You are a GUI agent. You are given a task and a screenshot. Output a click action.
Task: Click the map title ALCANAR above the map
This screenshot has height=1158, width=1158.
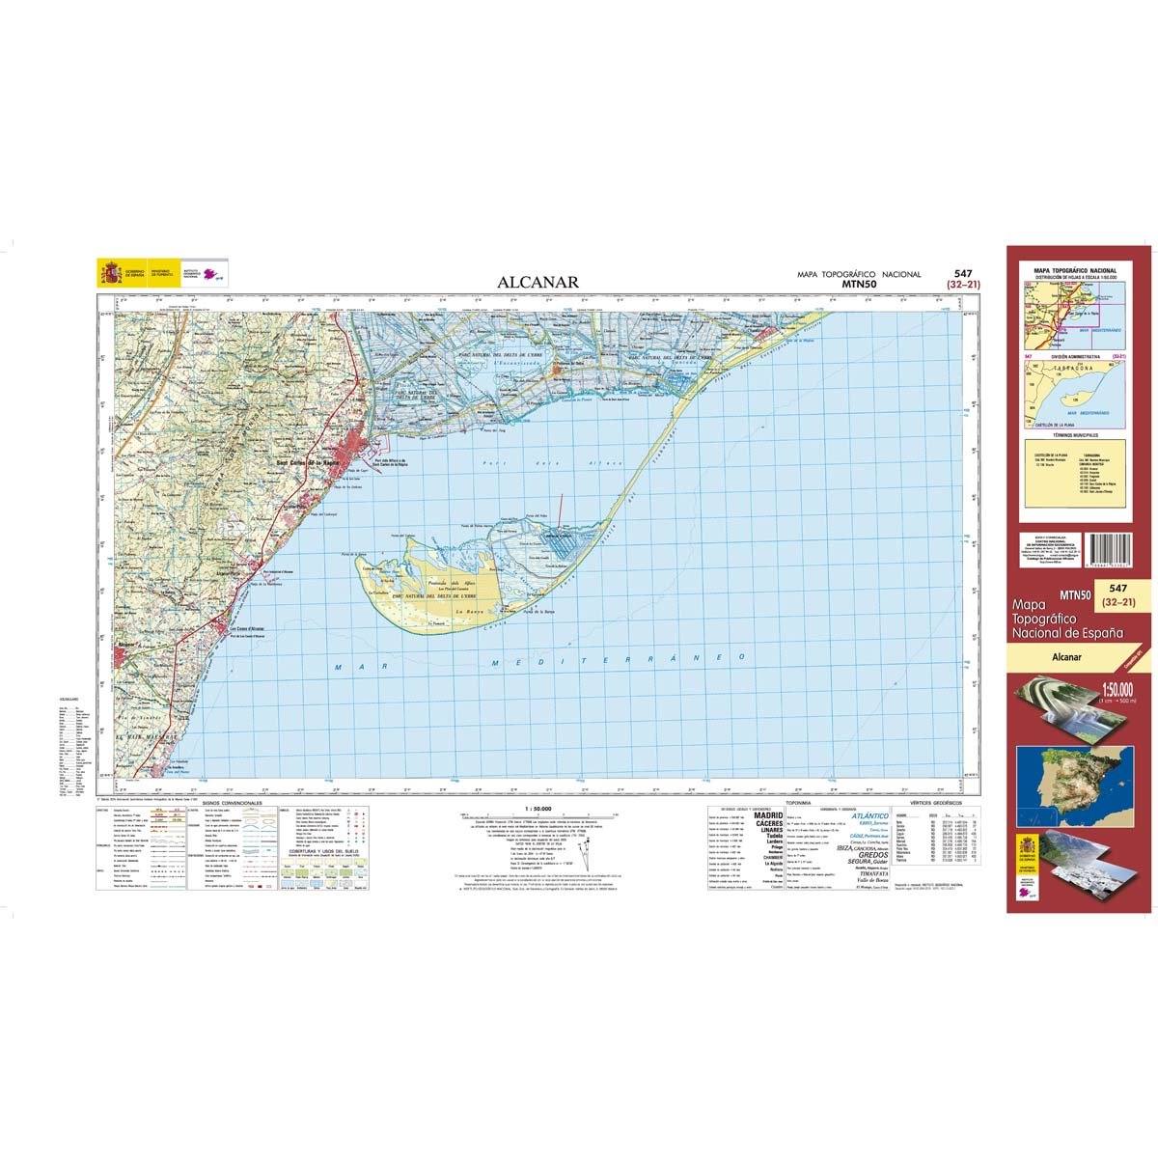point(538,282)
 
